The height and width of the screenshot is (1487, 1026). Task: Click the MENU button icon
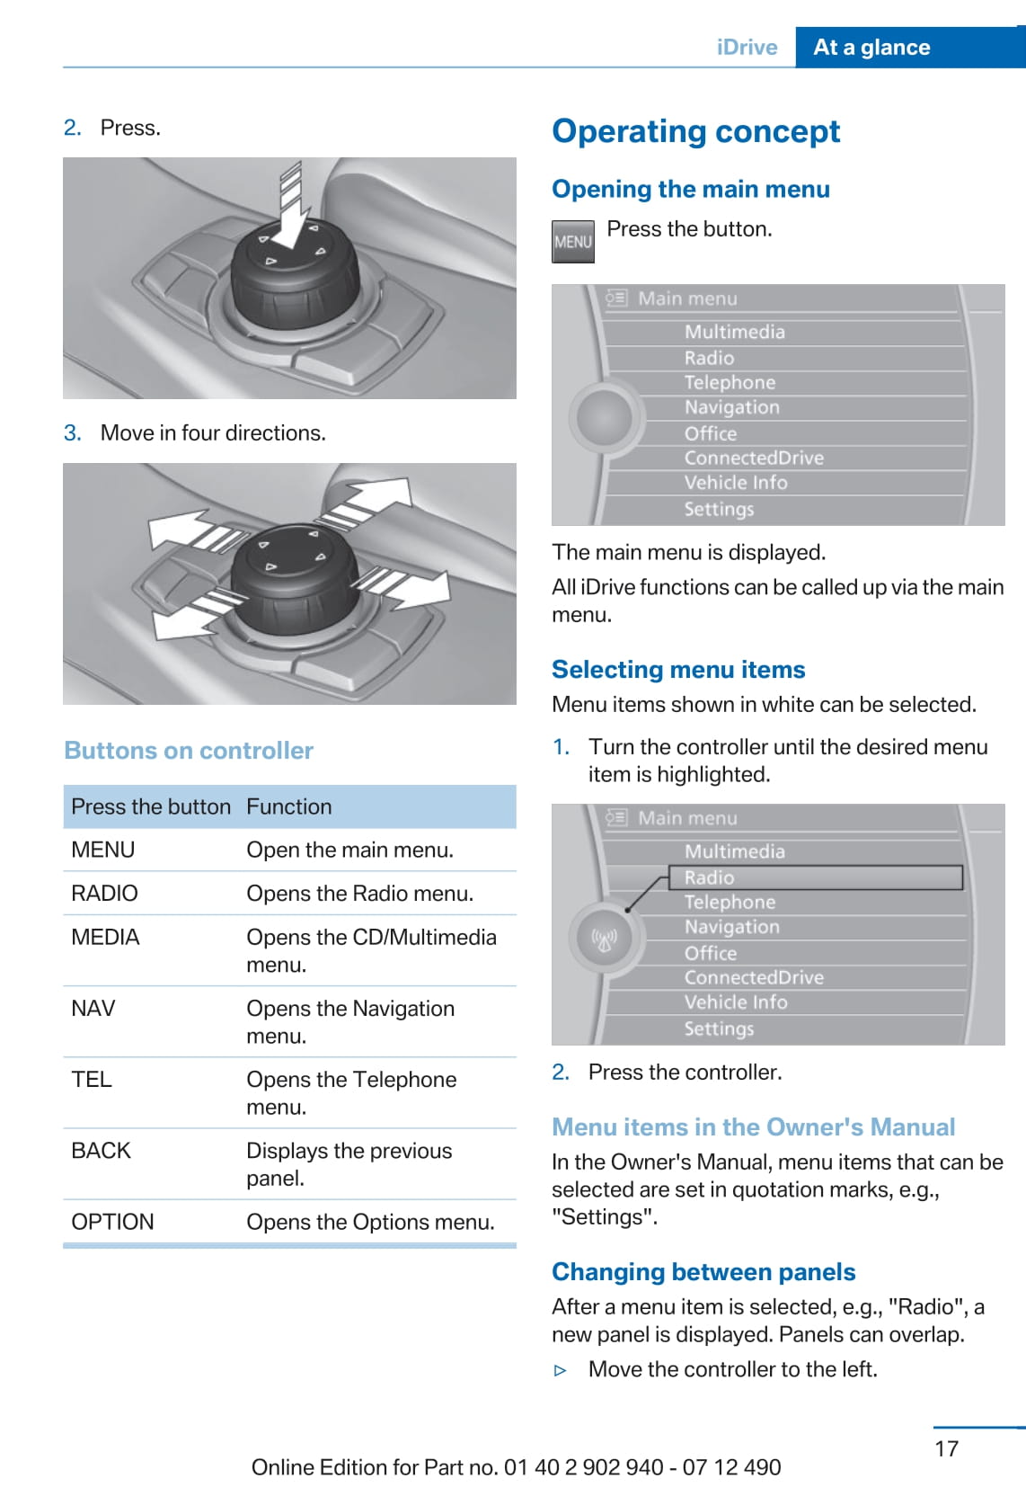pos(572,241)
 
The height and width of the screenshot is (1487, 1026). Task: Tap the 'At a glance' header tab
pos(871,48)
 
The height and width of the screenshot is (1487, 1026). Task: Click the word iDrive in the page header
pos(747,48)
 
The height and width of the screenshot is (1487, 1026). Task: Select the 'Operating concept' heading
pos(695,131)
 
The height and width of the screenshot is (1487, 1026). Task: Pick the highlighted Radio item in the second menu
pos(815,877)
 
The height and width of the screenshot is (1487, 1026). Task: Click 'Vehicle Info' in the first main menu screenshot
pos(735,483)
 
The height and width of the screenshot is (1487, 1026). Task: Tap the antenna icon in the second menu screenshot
pos(605,939)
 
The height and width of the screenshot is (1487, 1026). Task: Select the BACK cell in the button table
pos(101,1151)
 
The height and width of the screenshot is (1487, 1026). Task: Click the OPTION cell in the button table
pos(112,1222)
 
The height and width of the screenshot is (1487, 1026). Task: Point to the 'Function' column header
pos(288,806)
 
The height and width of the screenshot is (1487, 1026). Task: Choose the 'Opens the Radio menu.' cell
pos(359,894)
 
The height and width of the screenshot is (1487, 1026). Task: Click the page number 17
pos(946,1448)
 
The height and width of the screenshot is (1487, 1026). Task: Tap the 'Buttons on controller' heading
pos(189,751)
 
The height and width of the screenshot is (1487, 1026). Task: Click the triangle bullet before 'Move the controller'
pos(561,1370)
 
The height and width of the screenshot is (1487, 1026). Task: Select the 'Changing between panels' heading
pos(703,1272)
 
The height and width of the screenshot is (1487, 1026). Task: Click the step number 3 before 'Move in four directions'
pos(72,433)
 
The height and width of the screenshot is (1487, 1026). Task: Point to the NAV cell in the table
pos(93,1009)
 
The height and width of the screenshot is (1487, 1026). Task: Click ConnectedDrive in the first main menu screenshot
pos(753,458)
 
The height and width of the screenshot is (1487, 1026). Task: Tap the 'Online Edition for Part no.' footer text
pos(516,1467)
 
